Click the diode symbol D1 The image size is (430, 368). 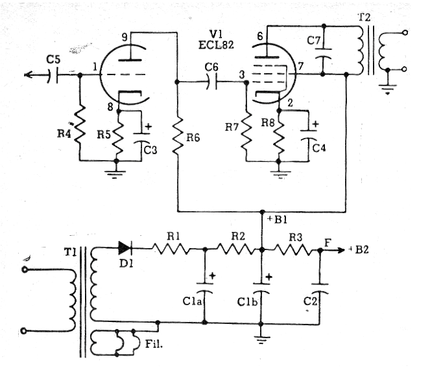coord(125,248)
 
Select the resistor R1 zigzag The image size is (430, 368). coord(171,249)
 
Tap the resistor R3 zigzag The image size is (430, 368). coord(293,249)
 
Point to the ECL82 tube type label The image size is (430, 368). coord(216,45)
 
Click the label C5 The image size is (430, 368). coord(53,59)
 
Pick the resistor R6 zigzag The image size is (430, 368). coord(178,136)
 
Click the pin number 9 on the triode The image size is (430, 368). coord(125,37)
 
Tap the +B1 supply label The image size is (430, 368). coord(277,220)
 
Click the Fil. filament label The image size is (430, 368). coord(154,343)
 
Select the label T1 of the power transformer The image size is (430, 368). coord(70,252)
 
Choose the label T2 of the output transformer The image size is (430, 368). coord(364,17)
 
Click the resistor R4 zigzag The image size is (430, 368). coord(80,125)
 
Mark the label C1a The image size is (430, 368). coord(192,301)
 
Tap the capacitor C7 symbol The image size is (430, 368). coord(323,54)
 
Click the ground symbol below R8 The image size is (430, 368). coord(280,174)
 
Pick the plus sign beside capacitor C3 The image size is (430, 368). coord(148,126)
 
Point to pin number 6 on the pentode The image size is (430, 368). coord(260,36)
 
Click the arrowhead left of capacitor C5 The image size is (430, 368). coord(29,75)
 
